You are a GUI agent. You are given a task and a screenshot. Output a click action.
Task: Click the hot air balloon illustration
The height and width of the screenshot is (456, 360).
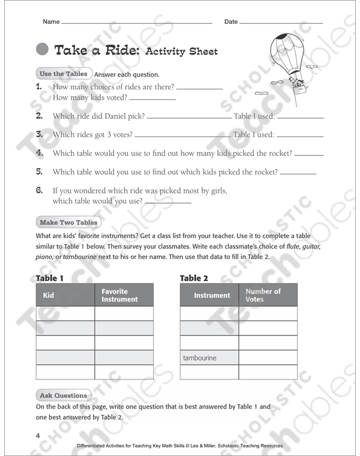pyautogui.click(x=287, y=58)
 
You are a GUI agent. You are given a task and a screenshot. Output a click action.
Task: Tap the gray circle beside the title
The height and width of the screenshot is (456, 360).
pyautogui.click(x=43, y=50)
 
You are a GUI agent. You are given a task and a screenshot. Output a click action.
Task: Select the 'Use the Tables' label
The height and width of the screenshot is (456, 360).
pyautogui.click(x=64, y=74)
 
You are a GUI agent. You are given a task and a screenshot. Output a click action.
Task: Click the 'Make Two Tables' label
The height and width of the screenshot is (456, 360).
pyautogui.click(x=68, y=222)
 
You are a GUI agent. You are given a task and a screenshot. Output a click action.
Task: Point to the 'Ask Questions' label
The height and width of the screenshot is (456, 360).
pyautogui.click(x=63, y=395)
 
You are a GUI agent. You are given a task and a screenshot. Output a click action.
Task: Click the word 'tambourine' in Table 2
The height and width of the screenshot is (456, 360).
pyautogui.click(x=200, y=357)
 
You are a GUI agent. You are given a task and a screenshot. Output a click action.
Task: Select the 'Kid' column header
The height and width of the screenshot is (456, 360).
pyautogui.click(x=48, y=295)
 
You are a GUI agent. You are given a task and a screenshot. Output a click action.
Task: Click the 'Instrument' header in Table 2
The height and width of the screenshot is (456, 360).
pyautogui.click(x=212, y=295)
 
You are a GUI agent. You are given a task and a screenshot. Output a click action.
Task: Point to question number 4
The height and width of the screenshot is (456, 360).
pyautogui.click(x=39, y=153)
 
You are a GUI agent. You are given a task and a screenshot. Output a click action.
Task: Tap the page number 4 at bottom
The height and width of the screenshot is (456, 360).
pyautogui.click(x=38, y=436)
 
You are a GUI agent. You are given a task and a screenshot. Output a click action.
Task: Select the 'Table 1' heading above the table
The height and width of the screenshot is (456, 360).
pyautogui.click(x=50, y=278)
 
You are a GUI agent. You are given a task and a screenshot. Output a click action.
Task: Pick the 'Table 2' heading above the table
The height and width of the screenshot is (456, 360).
pyautogui.click(x=194, y=278)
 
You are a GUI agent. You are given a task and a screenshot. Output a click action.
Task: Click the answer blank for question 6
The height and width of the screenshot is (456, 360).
pyautogui.click(x=168, y=201)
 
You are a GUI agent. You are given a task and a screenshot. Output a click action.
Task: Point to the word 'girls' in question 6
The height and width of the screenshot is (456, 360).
pyautogui.click(x=216, y=191)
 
